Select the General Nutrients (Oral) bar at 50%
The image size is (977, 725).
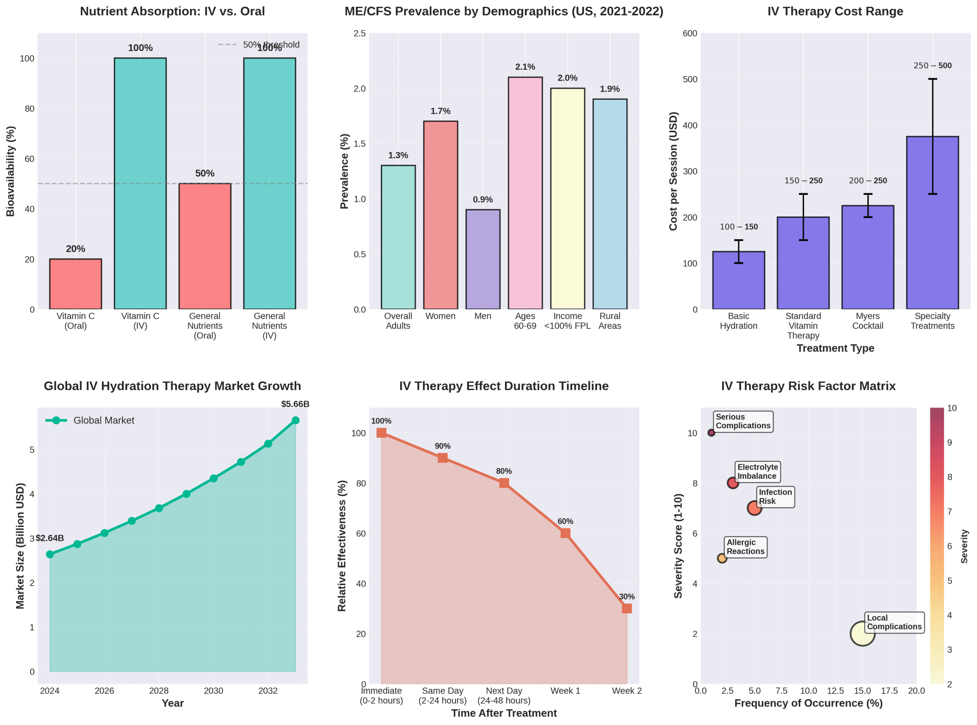(205, 246)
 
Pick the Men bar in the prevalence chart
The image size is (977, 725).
(483, 259)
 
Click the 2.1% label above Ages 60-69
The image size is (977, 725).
(525, 67)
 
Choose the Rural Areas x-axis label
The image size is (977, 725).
(609, 321)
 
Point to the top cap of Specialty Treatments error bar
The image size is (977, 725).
(932, 79)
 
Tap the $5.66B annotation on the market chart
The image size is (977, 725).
(295, 404)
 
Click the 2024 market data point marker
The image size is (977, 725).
(50, 554)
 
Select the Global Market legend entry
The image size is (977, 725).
(90, 420)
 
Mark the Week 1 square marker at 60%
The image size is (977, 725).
(565, 533)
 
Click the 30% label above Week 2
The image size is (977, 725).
(626, 596)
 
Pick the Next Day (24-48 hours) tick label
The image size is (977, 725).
(504, 696)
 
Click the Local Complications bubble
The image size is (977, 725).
(862, 633)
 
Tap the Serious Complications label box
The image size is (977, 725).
(743, 421)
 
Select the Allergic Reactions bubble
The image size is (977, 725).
(722, 558)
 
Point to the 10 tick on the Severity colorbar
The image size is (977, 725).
(951, 408)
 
